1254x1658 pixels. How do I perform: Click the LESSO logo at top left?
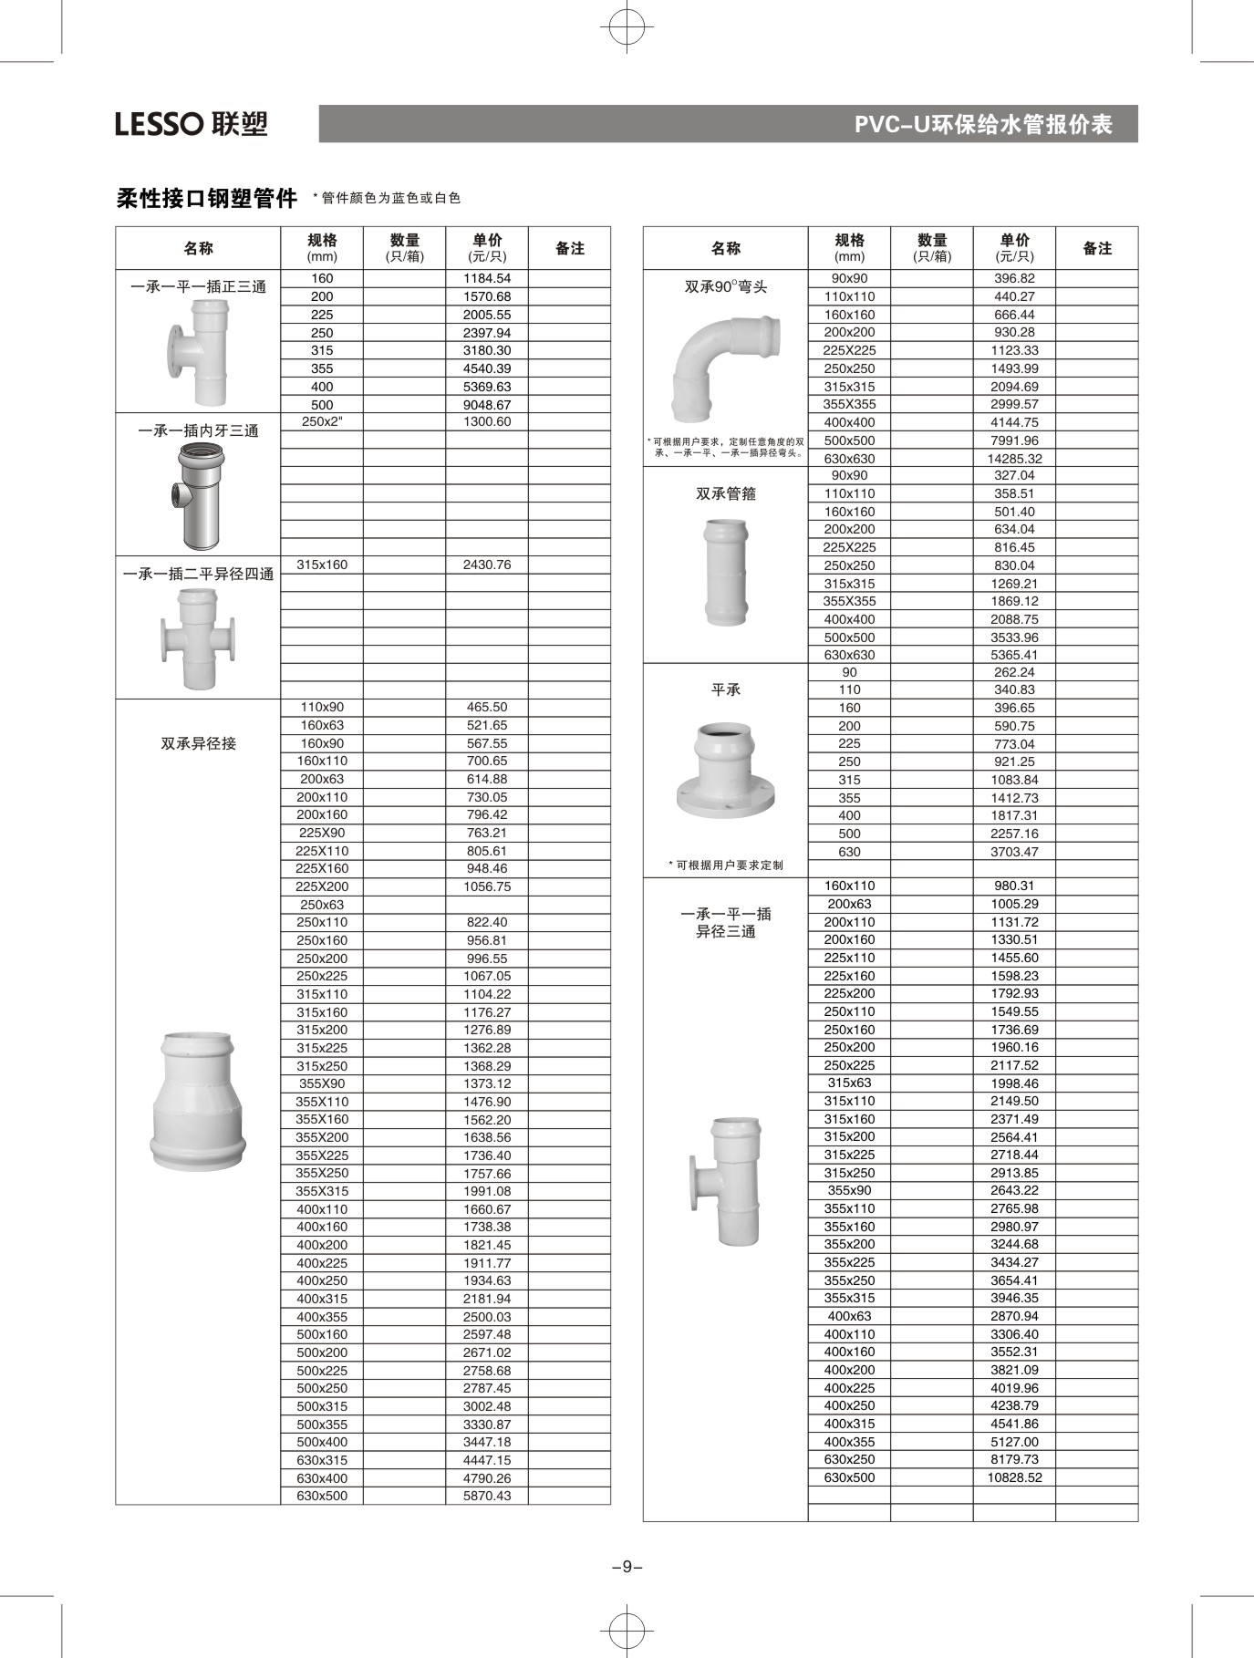pyautogui.click(x=192, y=123)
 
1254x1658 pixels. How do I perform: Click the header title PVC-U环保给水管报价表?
pyautogui.click(x=983, y=124)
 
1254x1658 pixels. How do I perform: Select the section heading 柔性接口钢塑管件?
pyautogui.click(x=207, y=198)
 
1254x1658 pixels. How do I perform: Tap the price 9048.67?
pyautogui.click(x=487, y=404)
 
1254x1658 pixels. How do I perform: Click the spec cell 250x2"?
pyautogui.click(x=322, y=421)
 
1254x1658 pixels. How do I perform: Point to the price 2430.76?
pyautogui.click(x=487, y=565)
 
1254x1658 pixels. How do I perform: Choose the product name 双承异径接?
pyautogui.click(x=198, y=743)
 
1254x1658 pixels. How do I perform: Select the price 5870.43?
pyautogui.click(x=487, y=1496)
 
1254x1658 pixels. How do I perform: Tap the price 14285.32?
pyautogui.click(x=1014, y=459)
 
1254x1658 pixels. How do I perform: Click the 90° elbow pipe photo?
pyautogui.click(x=726, y=368)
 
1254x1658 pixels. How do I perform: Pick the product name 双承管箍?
pyautogui.click(x=726, y=493)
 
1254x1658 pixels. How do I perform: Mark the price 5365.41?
pyautogui.click(x=1014, y=655)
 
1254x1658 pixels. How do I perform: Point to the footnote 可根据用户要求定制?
pyautogui.click(x=729, y=865)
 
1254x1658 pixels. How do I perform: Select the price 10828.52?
pyautogui.click(x=1014, y=1477)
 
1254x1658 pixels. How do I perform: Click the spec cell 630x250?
pyautogui.click(x=849, y=1459)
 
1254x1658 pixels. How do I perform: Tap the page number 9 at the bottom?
pyautogui.click(x=627, y=1567)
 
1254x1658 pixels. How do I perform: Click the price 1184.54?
pyautogui.click(x=487, y=278)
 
